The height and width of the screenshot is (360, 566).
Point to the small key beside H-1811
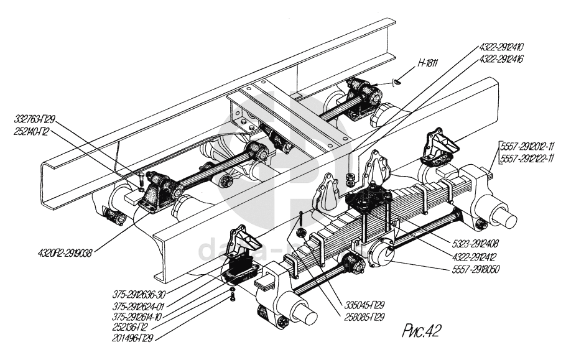point(398,80)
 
